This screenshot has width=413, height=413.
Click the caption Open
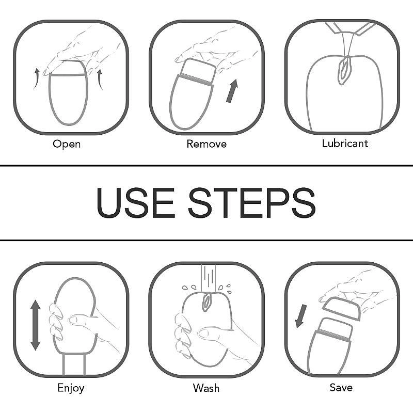(x=67, y=144)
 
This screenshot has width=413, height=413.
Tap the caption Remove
(x=206, y=144)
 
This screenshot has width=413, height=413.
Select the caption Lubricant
(x=345, y=144)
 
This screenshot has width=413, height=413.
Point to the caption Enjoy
(x=71, y=388)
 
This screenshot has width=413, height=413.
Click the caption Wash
(x=206, y=388)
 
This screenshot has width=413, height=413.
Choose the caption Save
(x=341, y=388)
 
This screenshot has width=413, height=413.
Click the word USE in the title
(x=135, y=202)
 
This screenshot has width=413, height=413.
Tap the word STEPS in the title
(x=252, y=202)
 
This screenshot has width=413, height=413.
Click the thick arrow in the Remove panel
(x=232, y=91)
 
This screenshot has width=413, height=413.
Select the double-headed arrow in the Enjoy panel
(x=35, y=325)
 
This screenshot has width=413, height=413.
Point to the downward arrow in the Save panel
(x=301, y=316)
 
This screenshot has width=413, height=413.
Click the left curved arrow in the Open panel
(x=36, y=78)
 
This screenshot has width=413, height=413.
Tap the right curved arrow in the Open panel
(x=100, y=80)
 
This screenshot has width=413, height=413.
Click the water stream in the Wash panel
(x=208, y=278)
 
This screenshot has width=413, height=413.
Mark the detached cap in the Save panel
(x=341, y=308)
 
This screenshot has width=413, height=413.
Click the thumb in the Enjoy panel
(x=81, y=321)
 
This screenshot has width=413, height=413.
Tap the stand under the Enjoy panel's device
(x=74, y=364)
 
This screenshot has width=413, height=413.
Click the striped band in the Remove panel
(x=195, y=81)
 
